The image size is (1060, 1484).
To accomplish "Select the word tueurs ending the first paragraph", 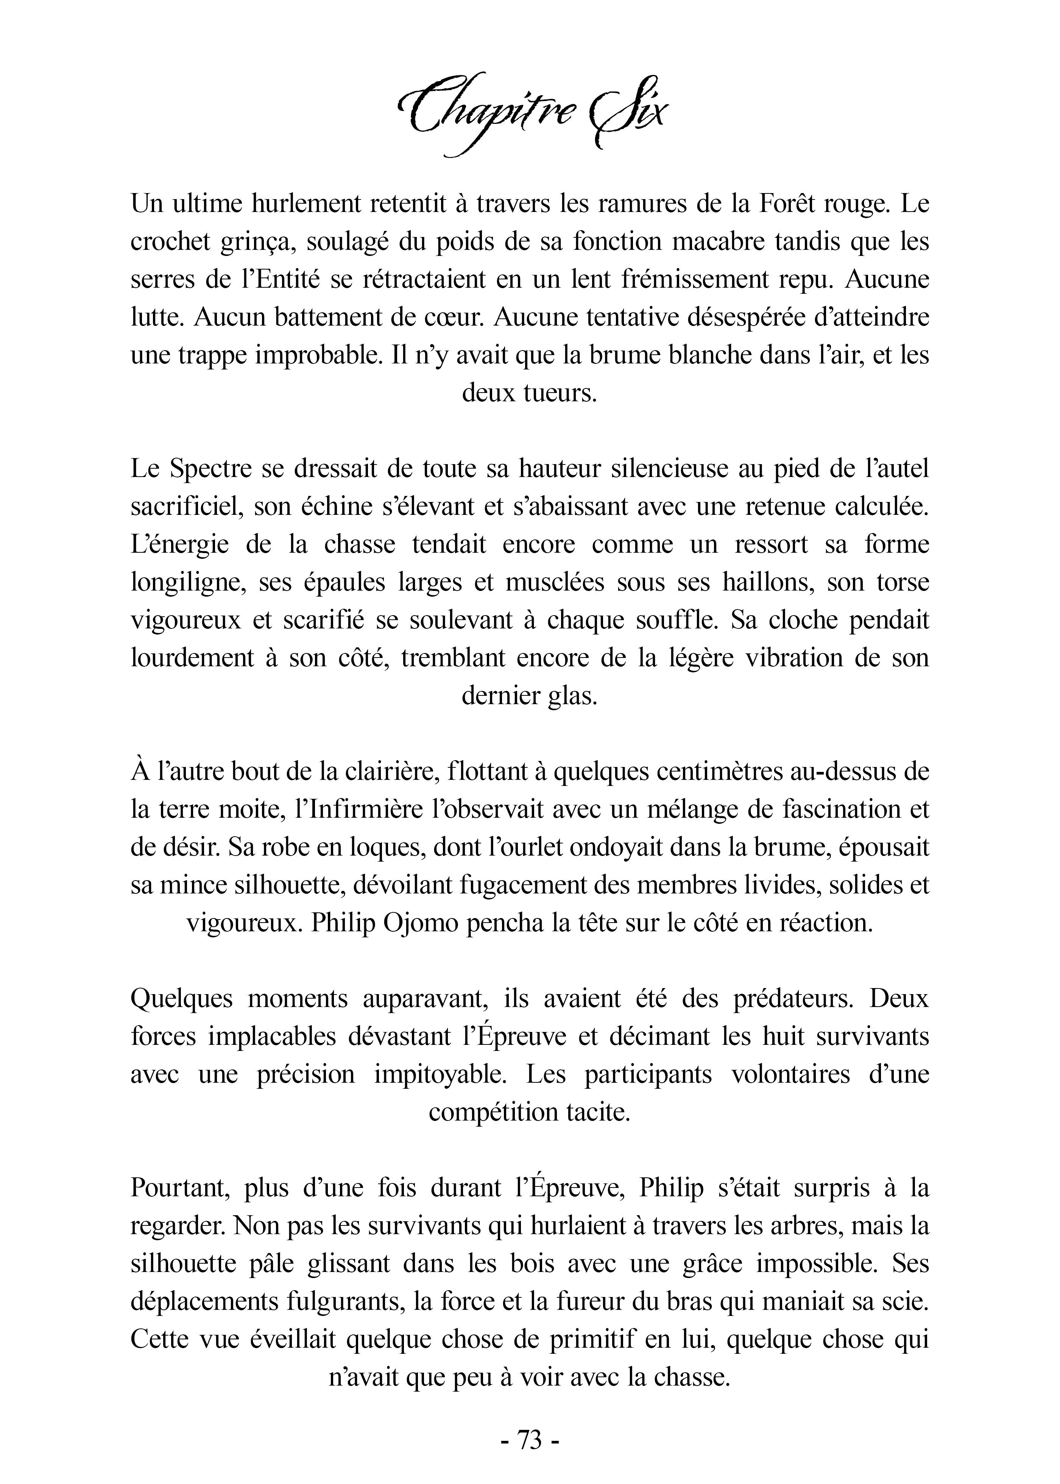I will tap(563, 393).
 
